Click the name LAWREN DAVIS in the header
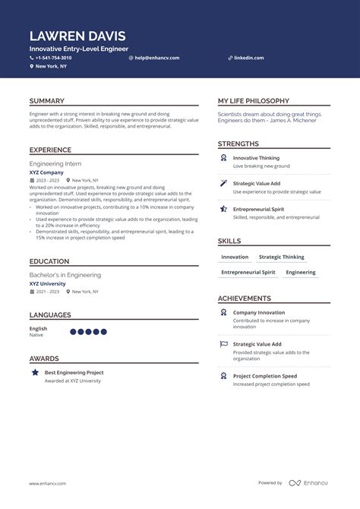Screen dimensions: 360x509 (x=77, y=36)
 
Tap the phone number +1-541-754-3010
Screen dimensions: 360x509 (x=53, y=58)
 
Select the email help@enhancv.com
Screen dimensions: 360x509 (x=156, y=58)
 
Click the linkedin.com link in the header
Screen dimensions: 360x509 (x=249, y=58)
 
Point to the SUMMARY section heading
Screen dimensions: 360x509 (x=47, y=101)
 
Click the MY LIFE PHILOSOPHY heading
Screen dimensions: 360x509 (x=253, y=101)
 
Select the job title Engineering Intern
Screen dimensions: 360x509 (x=55, y=163)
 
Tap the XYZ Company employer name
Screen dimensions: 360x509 (x=46, y=172)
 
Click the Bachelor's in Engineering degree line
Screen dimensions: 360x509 (x=65, y=275)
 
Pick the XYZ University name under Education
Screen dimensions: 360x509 (x=47, y=284)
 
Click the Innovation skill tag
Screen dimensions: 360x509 (x=235, y=258)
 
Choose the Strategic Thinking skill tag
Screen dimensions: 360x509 (x=281, y=258)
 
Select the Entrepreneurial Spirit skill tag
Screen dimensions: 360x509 (x=248, y=272)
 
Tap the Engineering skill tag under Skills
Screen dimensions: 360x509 (x=301, y=272)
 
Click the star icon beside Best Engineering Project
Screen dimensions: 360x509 (x=35, y=373)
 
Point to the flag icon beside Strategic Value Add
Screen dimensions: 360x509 (x=223, y=344)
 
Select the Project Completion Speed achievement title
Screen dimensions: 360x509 (x=264, y=376)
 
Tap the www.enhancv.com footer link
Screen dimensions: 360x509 (x=48, y=483)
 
